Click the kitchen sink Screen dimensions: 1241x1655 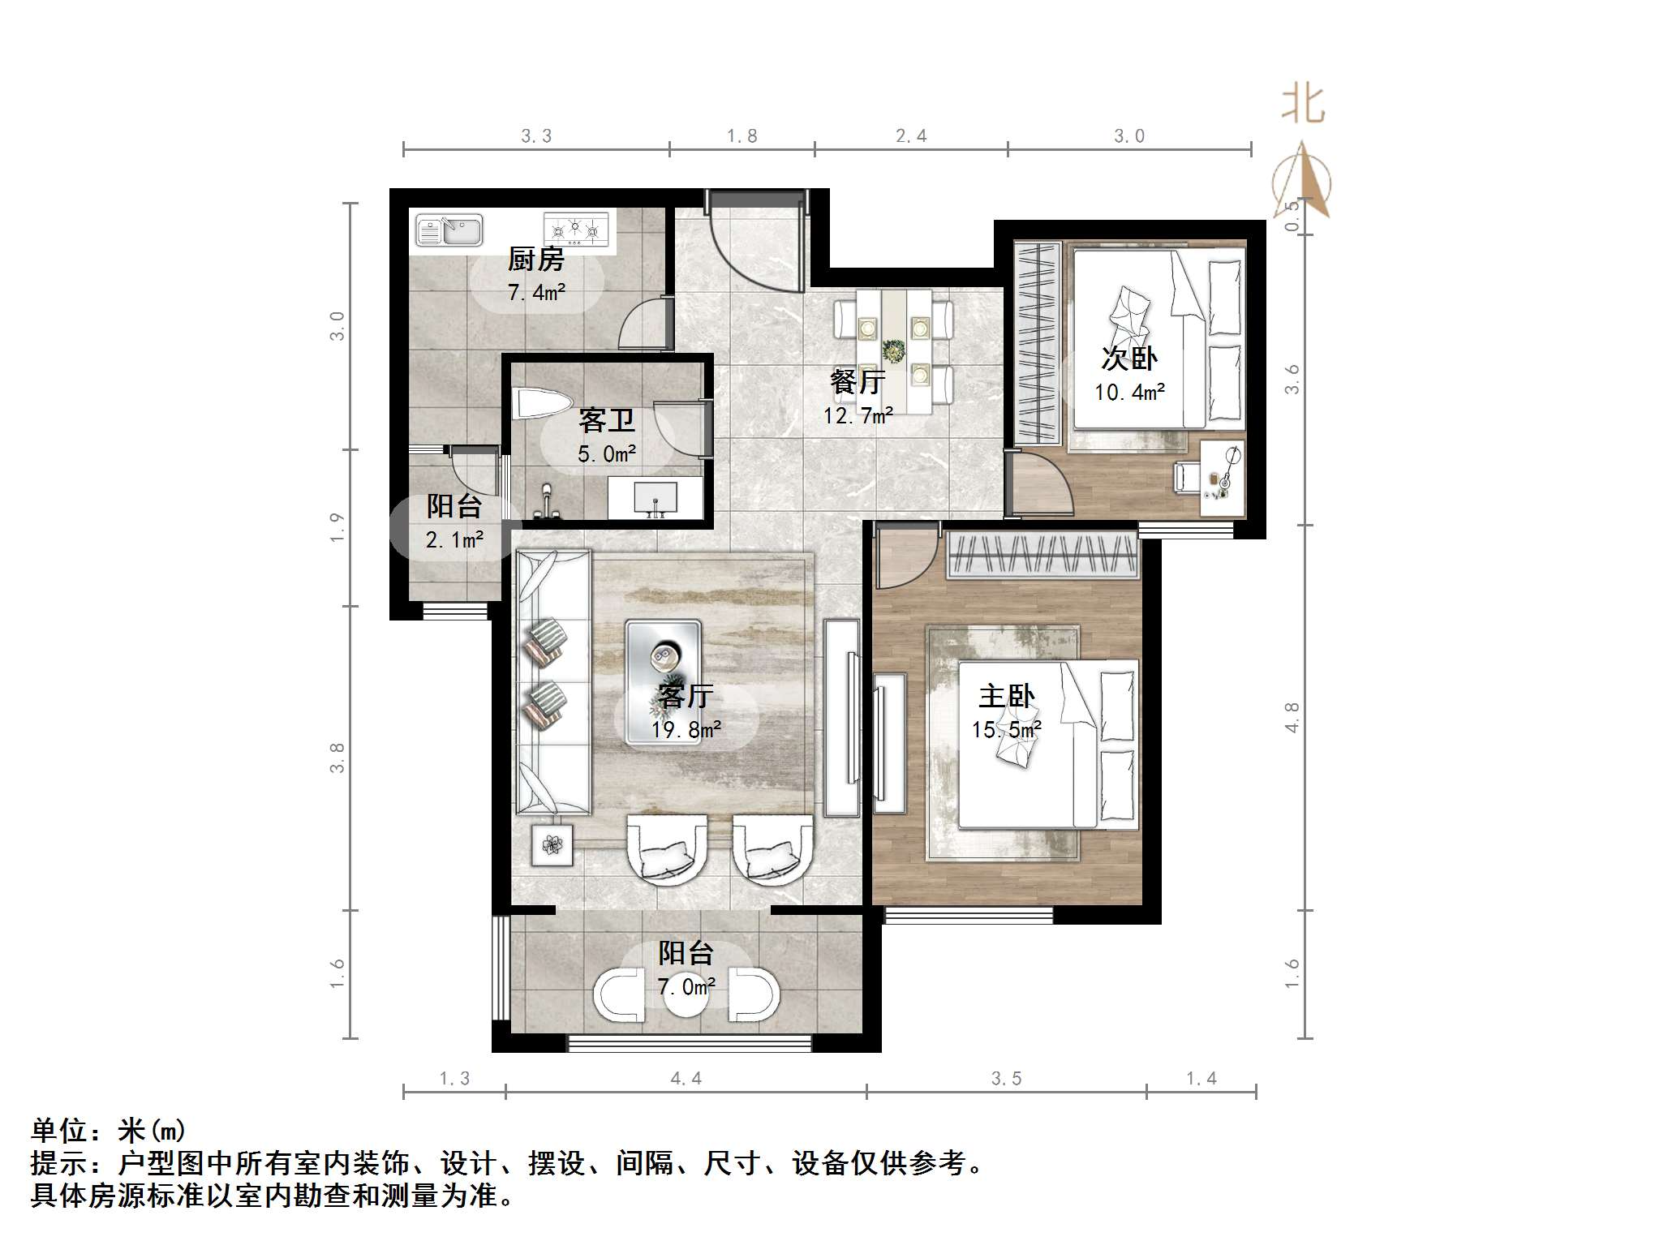(449, 230)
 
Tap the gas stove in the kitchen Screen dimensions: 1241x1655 (576, 229)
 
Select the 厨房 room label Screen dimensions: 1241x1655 (535, 260)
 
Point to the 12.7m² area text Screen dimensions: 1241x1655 (858, 416)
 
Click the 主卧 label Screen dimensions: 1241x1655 (1006, 696)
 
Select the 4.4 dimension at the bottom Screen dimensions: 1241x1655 (686, 1079)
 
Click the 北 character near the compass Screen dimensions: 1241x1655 (1303, 105)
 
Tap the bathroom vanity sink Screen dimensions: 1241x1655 (656, 497)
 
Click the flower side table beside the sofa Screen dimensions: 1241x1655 (552, 844)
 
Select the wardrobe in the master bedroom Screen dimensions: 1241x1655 (1042, 556)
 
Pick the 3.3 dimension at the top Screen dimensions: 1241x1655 (535, 136)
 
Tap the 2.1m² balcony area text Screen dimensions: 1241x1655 (454, 539)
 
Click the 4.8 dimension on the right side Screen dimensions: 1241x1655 (1292, 717)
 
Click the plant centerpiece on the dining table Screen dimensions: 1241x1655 (895, 350)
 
